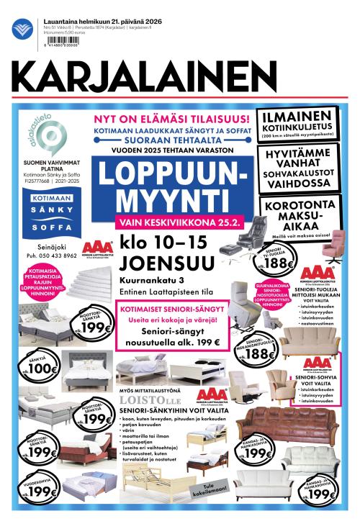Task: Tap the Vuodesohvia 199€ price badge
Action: [x=43, y=492]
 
